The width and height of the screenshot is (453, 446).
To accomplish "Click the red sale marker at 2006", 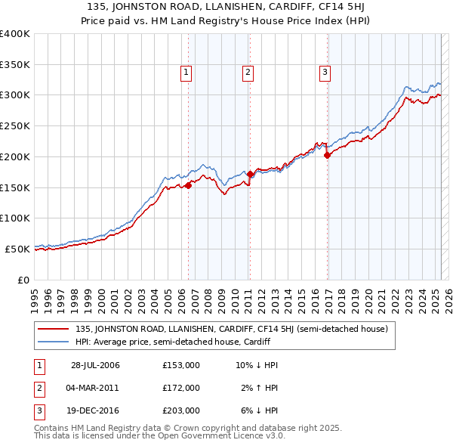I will (188, 185).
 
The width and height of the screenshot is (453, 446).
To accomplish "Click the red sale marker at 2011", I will (250, 174).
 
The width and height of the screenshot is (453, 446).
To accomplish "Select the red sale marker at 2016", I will (327, 155).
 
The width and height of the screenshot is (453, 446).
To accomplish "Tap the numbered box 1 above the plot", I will (186, 73).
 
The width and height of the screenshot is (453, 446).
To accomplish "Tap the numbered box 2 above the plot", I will (248, 73).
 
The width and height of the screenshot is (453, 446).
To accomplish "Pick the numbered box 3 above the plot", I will (325, 73).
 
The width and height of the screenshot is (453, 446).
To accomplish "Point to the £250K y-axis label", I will (15, 125).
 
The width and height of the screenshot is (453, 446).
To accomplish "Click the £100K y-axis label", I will (15, 218).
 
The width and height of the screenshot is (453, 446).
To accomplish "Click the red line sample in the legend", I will (54, 329).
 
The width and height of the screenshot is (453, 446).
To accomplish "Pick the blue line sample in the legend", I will (54, 342).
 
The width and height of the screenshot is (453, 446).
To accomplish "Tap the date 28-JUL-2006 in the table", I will (95, 365).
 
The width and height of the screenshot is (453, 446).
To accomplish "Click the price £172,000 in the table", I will (181, 388).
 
